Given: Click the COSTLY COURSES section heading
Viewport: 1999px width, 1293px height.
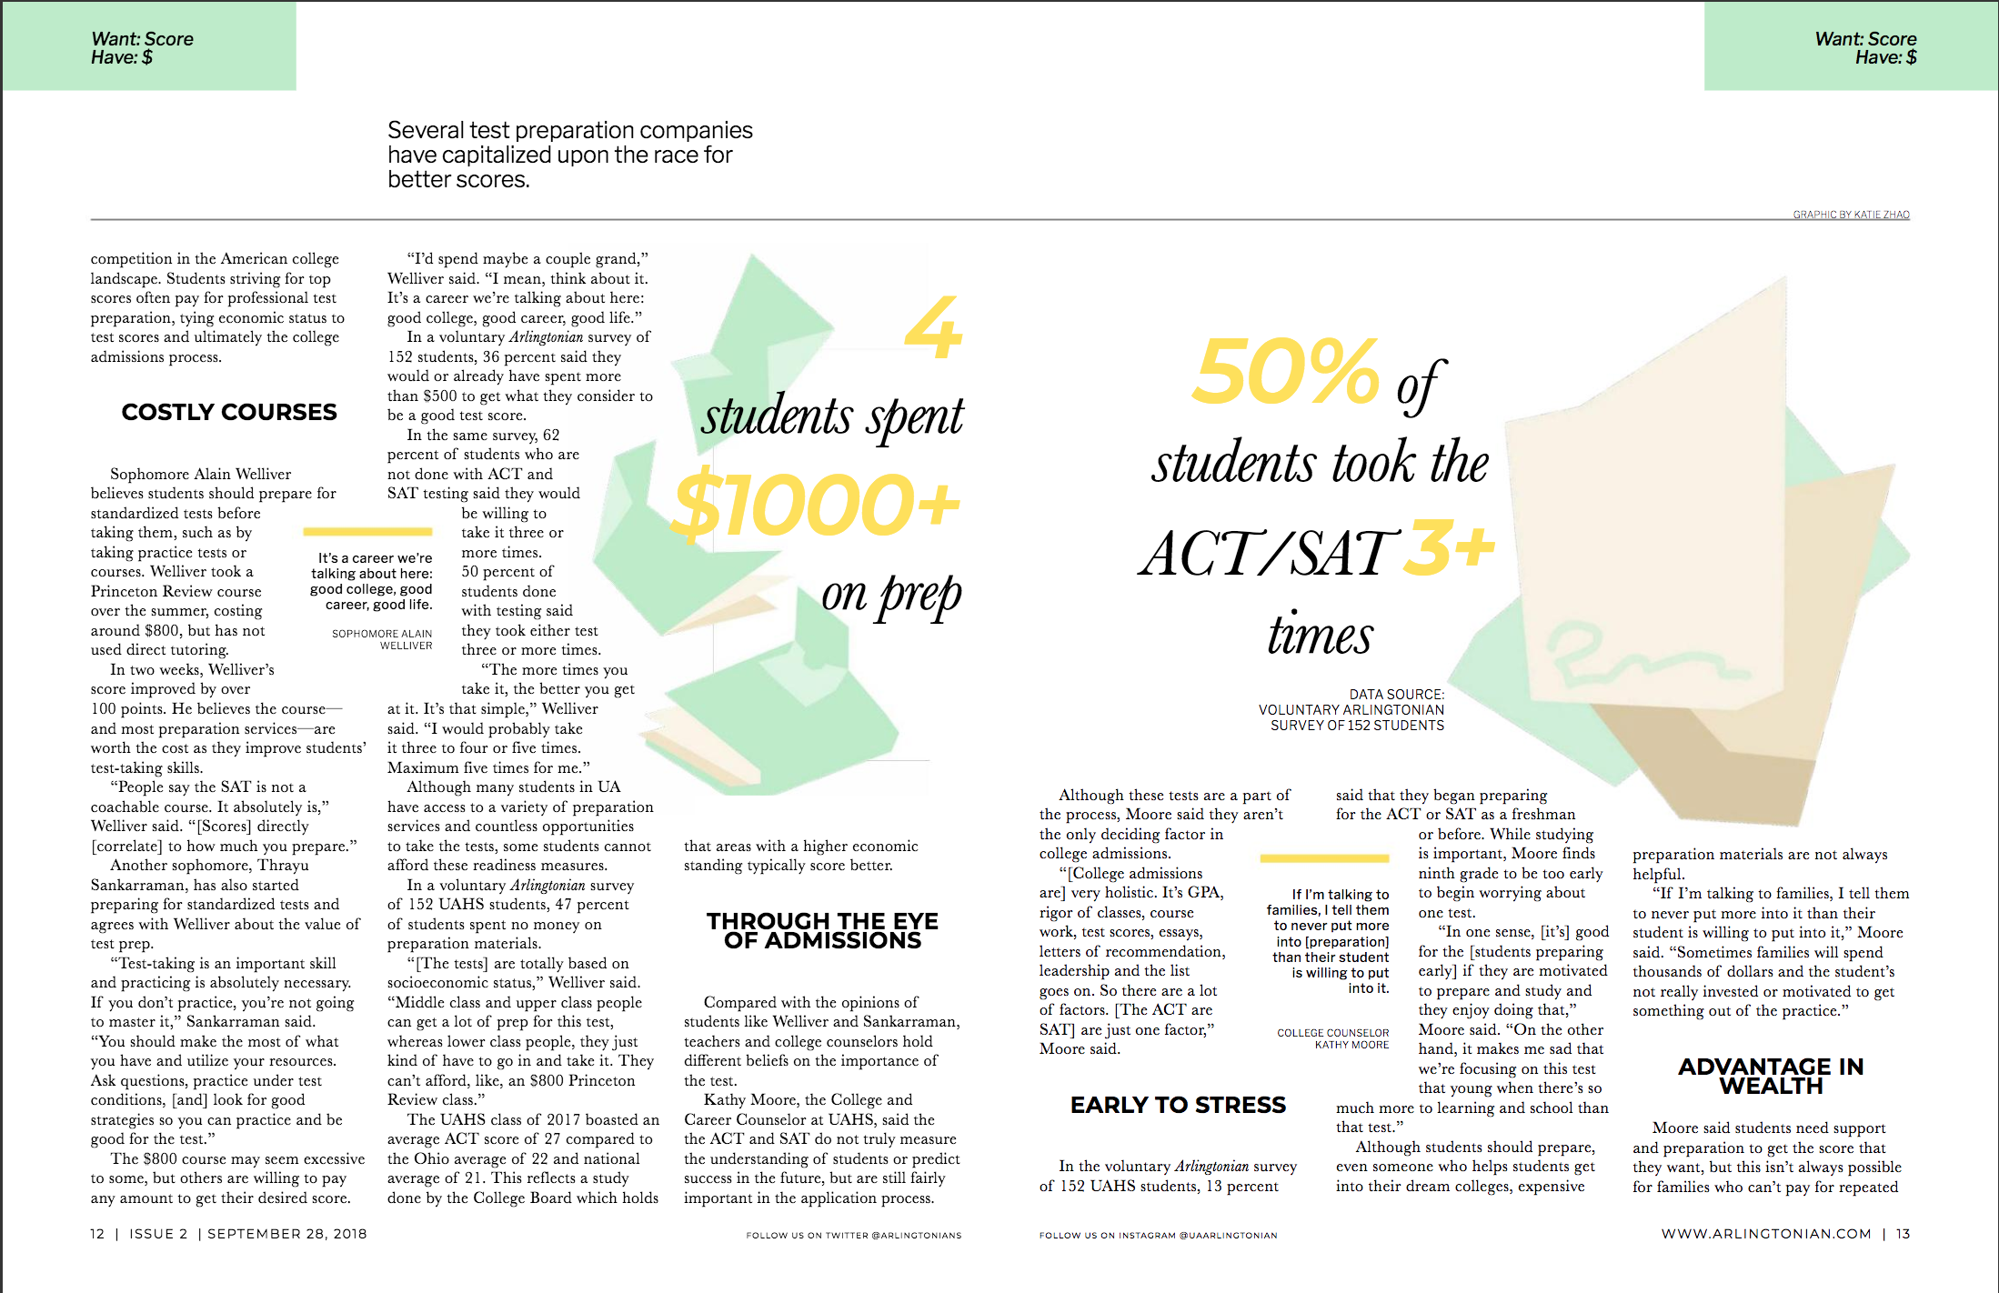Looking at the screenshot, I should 229,412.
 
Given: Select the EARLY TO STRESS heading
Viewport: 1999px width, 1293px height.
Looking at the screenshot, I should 1178,1105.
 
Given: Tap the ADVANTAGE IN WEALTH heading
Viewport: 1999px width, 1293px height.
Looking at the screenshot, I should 1771,1076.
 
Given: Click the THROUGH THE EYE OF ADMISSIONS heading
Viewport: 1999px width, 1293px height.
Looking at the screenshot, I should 822,930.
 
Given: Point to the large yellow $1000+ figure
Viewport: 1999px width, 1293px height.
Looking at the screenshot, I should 817,506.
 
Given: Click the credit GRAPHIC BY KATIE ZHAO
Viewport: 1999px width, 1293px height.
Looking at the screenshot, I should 1851,215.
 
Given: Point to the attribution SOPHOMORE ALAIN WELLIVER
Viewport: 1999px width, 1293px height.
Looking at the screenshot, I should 383,639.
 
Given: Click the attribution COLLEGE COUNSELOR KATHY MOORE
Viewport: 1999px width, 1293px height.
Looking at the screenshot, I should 1333,1038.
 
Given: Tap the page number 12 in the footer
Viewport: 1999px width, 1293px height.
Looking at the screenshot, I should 97,1234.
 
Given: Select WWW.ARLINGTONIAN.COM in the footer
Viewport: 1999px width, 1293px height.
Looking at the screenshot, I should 1766,1234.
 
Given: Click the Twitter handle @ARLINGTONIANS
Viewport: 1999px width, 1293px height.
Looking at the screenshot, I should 919,1236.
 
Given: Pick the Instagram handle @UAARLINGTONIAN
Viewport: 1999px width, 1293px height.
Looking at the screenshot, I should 1229,1236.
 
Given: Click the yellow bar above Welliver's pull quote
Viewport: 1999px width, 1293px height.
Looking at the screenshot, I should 367,531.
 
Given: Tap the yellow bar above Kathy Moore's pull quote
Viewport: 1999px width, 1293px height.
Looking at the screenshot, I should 1324,857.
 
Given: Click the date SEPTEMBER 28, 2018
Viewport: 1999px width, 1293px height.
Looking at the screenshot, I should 287,1234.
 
